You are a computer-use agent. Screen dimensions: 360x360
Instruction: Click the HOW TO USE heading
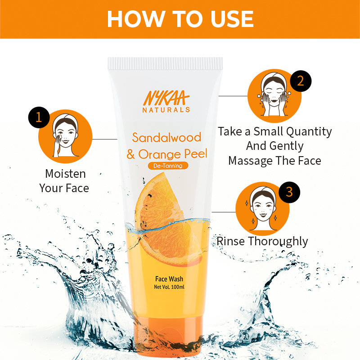[x=180, y=19]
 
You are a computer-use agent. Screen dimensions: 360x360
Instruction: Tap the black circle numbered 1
[x=39, y=117]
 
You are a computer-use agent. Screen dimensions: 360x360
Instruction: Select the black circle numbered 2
[x=301, y=81]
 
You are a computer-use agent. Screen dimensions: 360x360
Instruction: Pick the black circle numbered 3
[x=289, y=192]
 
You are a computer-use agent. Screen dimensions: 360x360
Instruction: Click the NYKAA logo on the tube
[x=166, y=98]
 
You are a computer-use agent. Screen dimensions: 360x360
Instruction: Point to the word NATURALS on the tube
[x=166, y=109]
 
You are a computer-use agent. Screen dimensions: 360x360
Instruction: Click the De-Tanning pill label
[x=168, y=166]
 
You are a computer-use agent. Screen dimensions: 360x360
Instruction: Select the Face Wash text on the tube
[x=167, y=279]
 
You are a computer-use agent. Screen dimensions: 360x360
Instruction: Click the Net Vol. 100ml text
[x=167, y=287]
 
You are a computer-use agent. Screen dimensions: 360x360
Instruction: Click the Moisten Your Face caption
[x=65, y=180]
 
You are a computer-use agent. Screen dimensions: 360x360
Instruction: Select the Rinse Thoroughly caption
[x=262, y=241]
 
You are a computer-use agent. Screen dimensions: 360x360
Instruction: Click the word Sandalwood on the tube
[x=166, y=137]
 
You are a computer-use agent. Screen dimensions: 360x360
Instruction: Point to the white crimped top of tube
[x=165, y=63]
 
